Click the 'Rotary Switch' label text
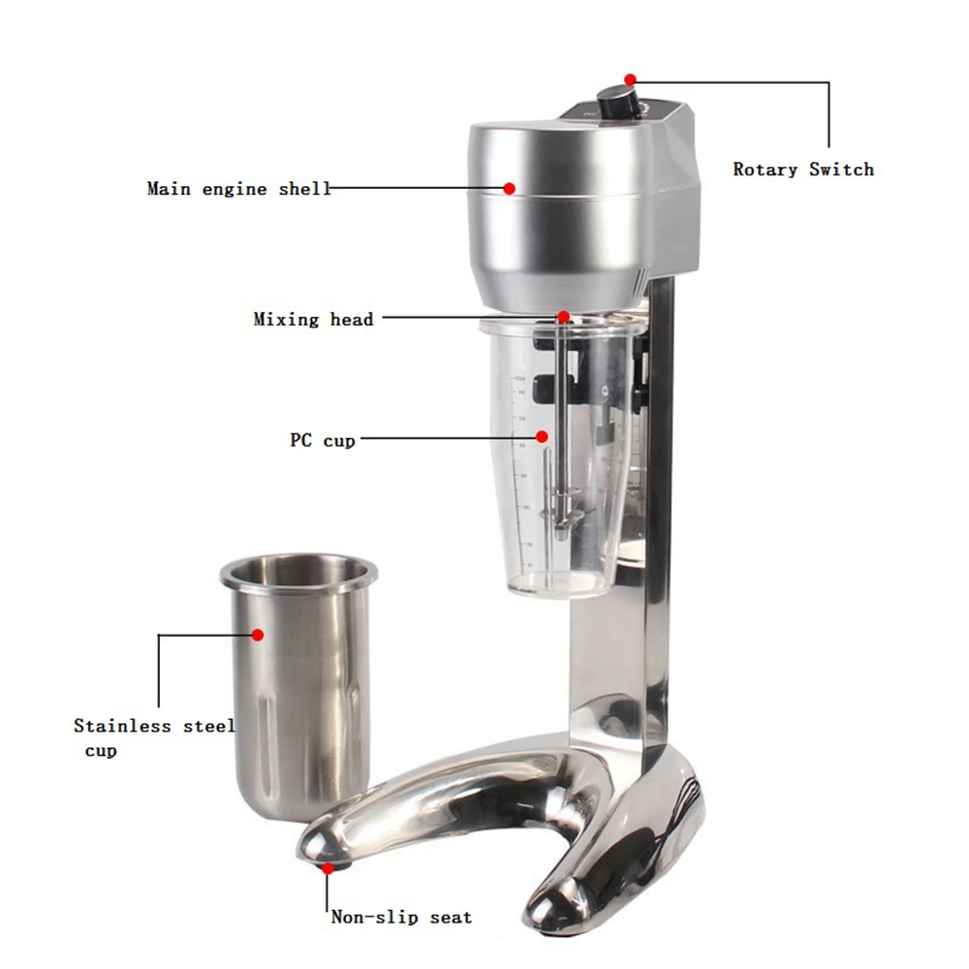tap(802, 170)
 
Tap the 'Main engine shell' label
tap(238, 189)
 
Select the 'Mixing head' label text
tap(313, 319)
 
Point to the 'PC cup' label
tap(322, 440)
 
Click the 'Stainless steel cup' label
tap(153, 736)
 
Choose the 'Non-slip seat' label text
tap(401, 917)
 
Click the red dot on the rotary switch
tap(630, 78)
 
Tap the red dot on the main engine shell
tap(509, 187)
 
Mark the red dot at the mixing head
tap(563, 316)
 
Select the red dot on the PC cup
tap(542, 437)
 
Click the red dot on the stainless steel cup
tap(258, 635)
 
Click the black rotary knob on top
tap(616, 99)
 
